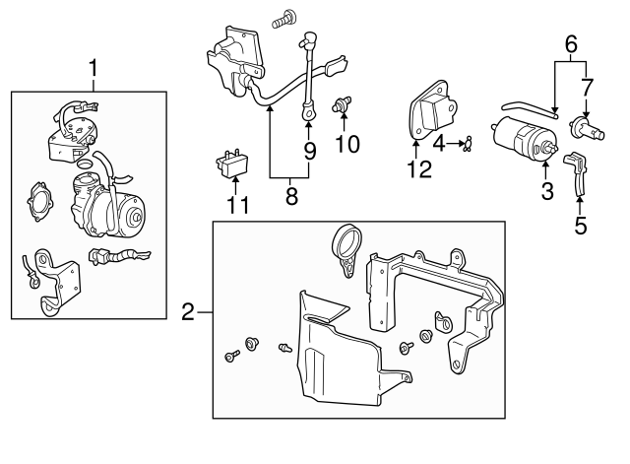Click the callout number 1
94,68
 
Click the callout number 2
189,313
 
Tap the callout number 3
548,189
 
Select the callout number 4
438,144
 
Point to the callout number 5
580,225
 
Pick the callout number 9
309,151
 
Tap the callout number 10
346,145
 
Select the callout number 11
234,205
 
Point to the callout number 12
418,168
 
